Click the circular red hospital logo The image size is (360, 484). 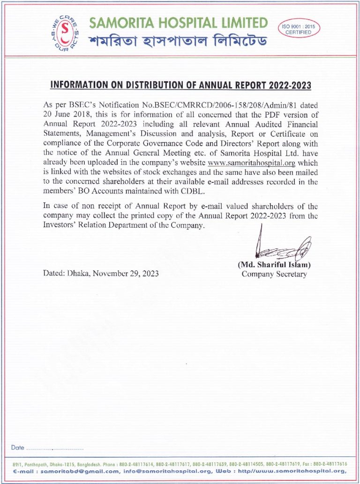click(65, 32)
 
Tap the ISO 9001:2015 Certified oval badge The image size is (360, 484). click(298, 29)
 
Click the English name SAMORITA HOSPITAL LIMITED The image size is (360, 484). click(179, 22)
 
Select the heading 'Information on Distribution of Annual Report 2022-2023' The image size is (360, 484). click(180, 85)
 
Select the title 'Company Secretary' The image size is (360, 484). click(274, 274)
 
